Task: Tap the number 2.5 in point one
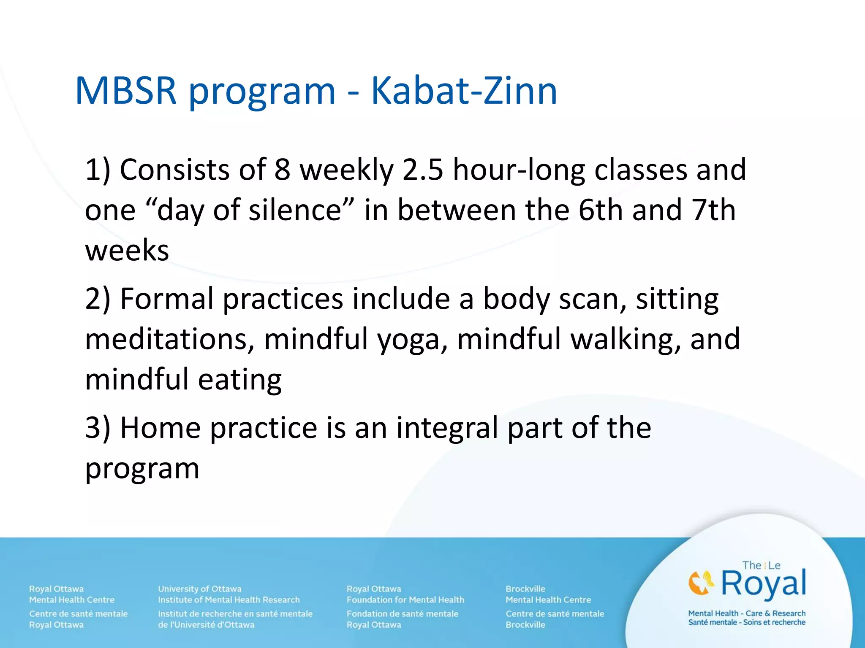pyautogui.click(x=423, y=170)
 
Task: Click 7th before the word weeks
pyautogui.click(x=713, y=210)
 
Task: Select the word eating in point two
pyautogui.click(x=239, y=380)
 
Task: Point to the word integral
pyautogui.click(x=447, y=428)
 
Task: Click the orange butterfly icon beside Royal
pyautogui.click(x=701, y=583)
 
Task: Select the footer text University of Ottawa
pyautogui.click(x=200, y=589)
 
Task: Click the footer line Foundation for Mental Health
pyautogui.click(x=405, y=600)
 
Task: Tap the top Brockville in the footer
pyautogui.click(x=525, y=589)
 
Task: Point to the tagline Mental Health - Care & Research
pyautogui.click(x=747, y=613)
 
